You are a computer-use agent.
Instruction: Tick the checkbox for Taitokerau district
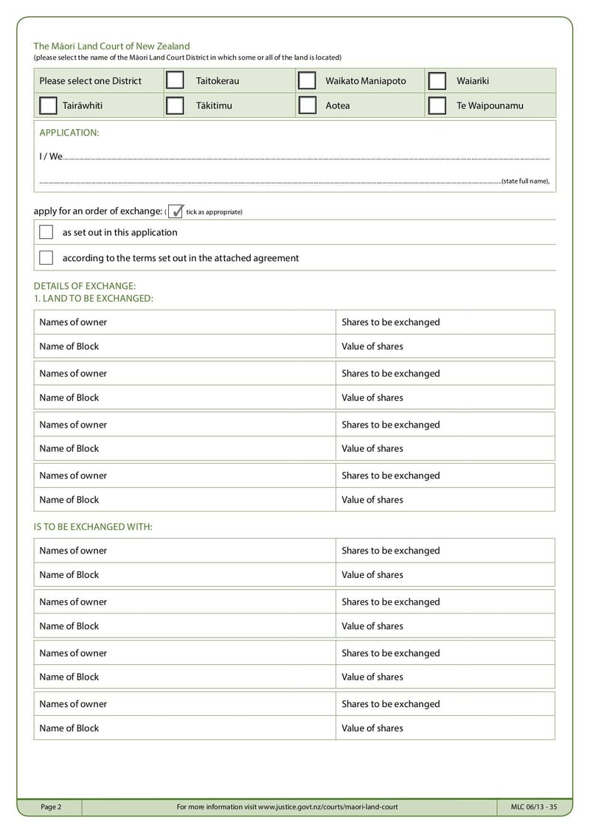(x=175, y=80)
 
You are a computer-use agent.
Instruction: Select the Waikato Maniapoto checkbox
(x=306, y=80)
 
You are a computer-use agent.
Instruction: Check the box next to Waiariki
(x=437, y=80)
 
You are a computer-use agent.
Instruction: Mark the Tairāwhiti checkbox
(x=48, y=105)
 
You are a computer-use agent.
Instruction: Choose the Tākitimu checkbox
(x=175, y=105)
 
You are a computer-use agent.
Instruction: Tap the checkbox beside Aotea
(x=306, y=105)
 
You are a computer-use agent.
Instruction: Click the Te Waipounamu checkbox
(x=437, y=105)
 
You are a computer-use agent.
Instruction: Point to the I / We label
(x=51, y=156)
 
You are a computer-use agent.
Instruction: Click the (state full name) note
(x=525, y=181)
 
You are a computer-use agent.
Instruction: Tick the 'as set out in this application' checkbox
(x=46, y=232)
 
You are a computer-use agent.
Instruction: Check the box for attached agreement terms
(x=46, y=258)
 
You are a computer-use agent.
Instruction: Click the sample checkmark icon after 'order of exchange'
(x=176, y=212)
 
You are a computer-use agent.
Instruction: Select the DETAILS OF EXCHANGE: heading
(x=85, y=286)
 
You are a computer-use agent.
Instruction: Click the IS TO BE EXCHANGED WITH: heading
(x=93, y=526)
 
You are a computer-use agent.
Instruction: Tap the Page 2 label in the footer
(x=51, y=807)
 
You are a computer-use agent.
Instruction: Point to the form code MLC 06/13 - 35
(x=533, y=807)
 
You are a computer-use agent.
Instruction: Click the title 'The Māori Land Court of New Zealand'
(x=111, y=46)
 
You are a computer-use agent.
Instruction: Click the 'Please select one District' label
(x=90, y=81)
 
